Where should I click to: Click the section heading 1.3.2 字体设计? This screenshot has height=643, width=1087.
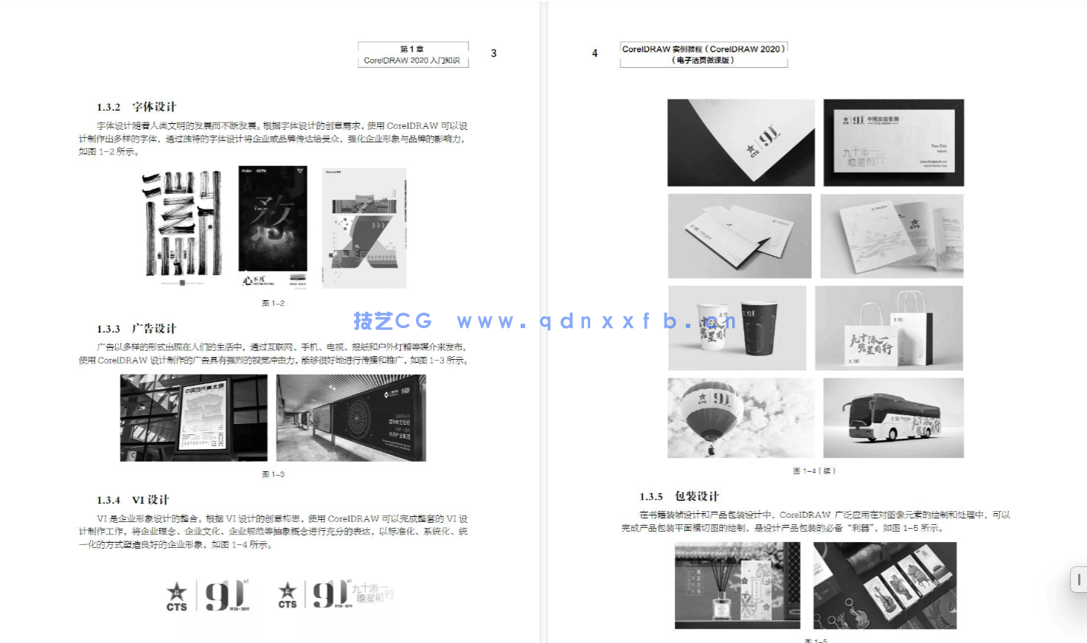point(136,107)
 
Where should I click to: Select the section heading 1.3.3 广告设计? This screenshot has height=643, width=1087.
point(136,329)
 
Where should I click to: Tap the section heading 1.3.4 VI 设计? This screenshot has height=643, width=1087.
point(133,500)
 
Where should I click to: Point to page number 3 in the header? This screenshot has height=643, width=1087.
point(493,53)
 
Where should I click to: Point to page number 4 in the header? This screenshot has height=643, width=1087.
point(594,53)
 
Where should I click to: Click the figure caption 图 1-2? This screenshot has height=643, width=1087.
point(273,303)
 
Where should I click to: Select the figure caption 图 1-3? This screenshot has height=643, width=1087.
point(273,474)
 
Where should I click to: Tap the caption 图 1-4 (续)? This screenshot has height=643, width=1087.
point(814,470)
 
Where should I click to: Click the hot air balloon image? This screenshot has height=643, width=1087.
point(740,417)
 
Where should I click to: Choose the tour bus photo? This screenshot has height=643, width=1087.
point(893,417)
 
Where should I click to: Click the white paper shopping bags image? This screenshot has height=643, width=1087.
point(889,328)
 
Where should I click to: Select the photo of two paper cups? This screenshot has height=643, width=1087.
point(737,328)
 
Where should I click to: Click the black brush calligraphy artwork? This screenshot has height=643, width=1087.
point(182,225)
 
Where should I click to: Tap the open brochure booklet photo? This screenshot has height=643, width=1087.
point(892,236)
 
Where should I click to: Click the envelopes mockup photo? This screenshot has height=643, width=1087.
point(739,236)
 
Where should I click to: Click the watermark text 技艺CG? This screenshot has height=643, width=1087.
point(392,321)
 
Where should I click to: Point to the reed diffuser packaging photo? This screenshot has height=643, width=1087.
point(737,585)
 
